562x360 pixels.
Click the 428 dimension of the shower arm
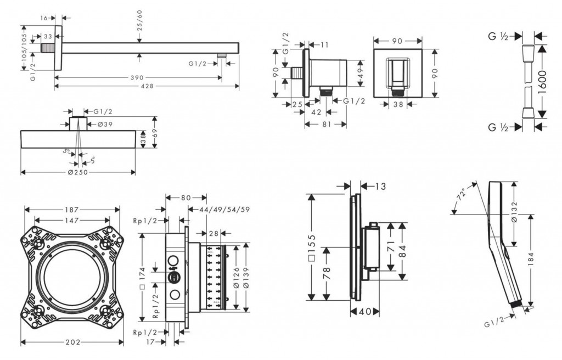[147, 86]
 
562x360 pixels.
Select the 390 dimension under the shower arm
[138, 77]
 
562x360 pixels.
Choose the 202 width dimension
[72, 342]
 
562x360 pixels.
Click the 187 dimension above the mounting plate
[72, 210]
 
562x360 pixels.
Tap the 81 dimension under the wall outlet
[325, 124]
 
